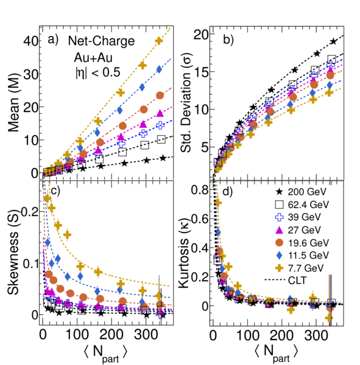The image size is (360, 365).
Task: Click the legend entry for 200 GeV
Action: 301,192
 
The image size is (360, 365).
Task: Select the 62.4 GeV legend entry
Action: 302,204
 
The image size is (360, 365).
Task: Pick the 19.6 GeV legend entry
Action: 302,243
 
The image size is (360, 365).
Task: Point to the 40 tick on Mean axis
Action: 31,41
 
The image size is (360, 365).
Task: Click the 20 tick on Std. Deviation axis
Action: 200,35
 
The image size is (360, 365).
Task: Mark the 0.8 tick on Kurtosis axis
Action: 200,189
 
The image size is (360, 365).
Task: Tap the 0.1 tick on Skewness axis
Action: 30,263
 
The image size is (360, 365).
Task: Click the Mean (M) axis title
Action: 13,103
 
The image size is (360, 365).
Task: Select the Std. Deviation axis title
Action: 186,102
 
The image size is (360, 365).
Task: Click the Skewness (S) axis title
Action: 13,252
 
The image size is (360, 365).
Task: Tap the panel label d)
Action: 228,192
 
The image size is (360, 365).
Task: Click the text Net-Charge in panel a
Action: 101,41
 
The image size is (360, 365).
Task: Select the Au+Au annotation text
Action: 93,57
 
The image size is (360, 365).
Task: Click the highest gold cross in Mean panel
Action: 159,41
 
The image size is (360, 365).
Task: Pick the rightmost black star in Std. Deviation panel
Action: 333,41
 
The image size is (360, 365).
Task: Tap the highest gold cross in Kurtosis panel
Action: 218,203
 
